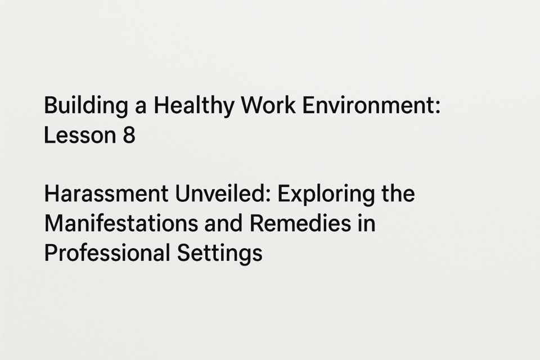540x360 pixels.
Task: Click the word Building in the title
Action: coord(85,106)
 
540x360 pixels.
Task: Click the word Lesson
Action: coord(80,134)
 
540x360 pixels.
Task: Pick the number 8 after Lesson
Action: coord(129,134)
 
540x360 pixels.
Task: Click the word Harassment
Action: coord(106,193)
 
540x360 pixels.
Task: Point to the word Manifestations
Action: coord(121,223)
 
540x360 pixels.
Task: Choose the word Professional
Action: coord(107,253)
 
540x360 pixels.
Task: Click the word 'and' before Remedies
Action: coord(223,223)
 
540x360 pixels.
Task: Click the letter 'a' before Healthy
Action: coord(141,107)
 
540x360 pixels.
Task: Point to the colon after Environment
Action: coord(438,107)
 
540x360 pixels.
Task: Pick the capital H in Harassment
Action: coord(51,193)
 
